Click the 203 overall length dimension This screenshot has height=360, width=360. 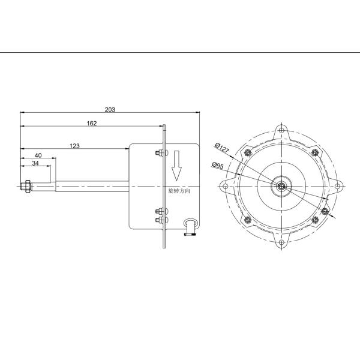[x=110, y=109]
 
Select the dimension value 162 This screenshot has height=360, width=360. [x=92, y=123]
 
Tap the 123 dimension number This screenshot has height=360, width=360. [x=75, y=146]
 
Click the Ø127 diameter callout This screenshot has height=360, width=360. [x=222, y=148]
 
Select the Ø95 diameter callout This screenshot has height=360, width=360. [x=217, y=166]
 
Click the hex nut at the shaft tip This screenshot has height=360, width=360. [x=26, y=187]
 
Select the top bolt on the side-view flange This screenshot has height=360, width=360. [x=159, y=154]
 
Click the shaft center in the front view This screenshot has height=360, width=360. [x=281, y=187]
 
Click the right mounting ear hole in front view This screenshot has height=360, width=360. [x=338, y=187]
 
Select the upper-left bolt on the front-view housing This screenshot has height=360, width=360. [x=247, y=152]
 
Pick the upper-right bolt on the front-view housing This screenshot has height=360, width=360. [x=316, y=152]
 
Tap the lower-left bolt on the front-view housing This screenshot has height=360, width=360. [x=247, y=221]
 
